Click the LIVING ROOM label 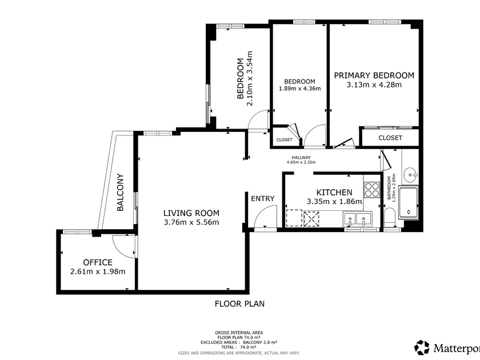click(x=191, y=213)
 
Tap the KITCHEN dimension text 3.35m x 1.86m click(x=334, y=202)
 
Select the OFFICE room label click(x=98, y=262)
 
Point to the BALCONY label click(x=121, y=192)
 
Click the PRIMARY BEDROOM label click(x=374, y=75)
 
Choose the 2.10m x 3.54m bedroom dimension click(x=250, y=78)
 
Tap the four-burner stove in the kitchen click(x=371, y=190)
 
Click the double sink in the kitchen click(x=357, y=219)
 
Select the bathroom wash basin click(x=410, y=175)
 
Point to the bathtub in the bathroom click(x=409, y=203)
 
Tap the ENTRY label click(x=263, y=199)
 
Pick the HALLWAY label click(x=301, y=157)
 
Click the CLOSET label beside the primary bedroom click(x=390, y=138)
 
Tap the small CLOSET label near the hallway click(x=285, y=140)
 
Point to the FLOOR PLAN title click(x=239, y=303)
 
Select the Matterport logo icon click(x=422, y=347)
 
